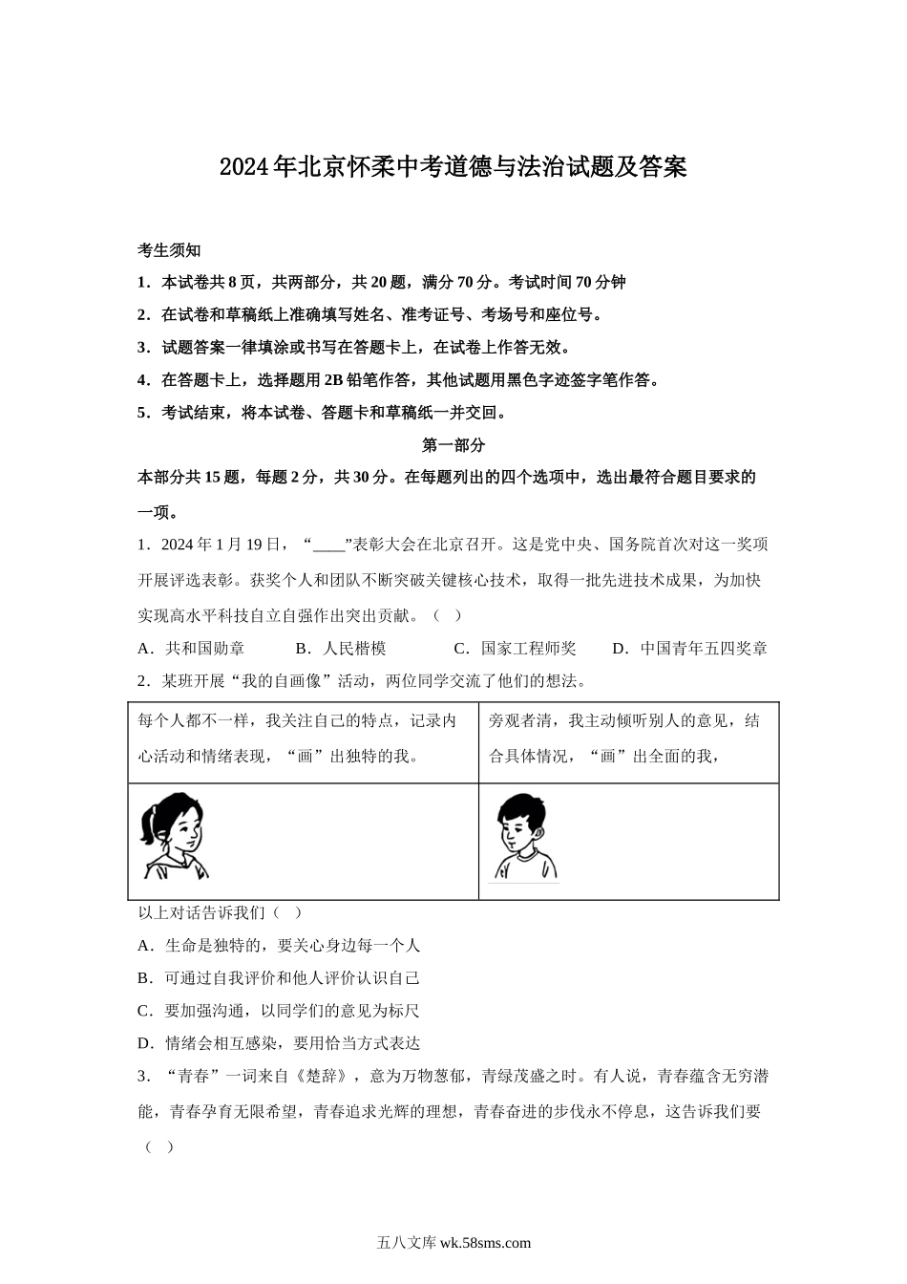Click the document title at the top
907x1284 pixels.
pos(453,168)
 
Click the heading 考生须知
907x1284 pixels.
pos(169,250)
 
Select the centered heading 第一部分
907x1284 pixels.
pos(453,445)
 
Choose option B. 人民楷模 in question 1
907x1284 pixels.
pos(341,649)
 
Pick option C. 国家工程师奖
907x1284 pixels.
pos(515,649)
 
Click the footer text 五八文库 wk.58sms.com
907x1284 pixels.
pos(453,1243)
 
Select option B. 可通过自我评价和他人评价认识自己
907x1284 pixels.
pos(279,978)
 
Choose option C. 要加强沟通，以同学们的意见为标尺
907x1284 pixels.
pos(279,1011)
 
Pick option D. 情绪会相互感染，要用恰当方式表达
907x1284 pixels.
pos(279,1043)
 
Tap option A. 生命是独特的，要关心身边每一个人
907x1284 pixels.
pos(279,946)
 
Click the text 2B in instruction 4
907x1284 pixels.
pos(334,380)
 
